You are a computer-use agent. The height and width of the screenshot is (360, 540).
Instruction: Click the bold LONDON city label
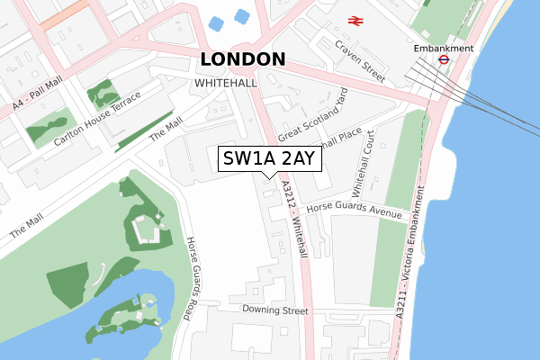click(x=243, y=59)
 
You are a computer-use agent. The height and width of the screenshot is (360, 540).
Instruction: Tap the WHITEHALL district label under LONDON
click(x=226, y=83)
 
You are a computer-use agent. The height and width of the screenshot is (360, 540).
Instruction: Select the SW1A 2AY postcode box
click(x=268, y=159)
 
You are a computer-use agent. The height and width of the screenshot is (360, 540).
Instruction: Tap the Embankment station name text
click(x=443, y=48)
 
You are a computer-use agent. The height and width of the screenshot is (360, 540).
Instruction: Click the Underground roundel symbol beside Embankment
click(x=443, y=61)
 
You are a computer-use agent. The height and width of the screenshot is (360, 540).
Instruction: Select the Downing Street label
click(x=269, y=310)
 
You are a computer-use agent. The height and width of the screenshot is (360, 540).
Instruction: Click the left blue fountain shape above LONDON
click(x=216, y=22)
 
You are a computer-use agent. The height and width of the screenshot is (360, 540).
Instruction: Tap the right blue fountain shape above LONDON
click(x=241, y=15)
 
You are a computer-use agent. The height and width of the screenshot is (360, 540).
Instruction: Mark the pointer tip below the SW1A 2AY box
click(x=268, y=179)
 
